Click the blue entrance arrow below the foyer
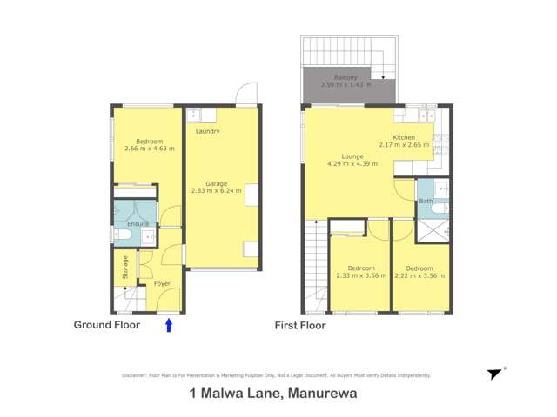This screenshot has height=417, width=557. [x=169, y=325]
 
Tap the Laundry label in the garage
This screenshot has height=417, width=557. [x=207, y=131]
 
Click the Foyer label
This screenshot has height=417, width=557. [x=162, y=284]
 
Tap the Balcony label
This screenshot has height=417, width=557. [x=346, y=77]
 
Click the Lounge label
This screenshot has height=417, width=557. [x=352, y=156]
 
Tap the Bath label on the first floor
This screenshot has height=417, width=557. [x=426, y=202]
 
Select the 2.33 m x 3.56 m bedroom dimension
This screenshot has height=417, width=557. [x=360, y=275]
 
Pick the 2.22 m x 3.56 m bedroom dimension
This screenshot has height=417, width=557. [x=420, y=275]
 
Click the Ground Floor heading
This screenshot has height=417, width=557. [x=106, y=325]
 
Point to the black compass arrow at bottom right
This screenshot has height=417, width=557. [x=494, y=374]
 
